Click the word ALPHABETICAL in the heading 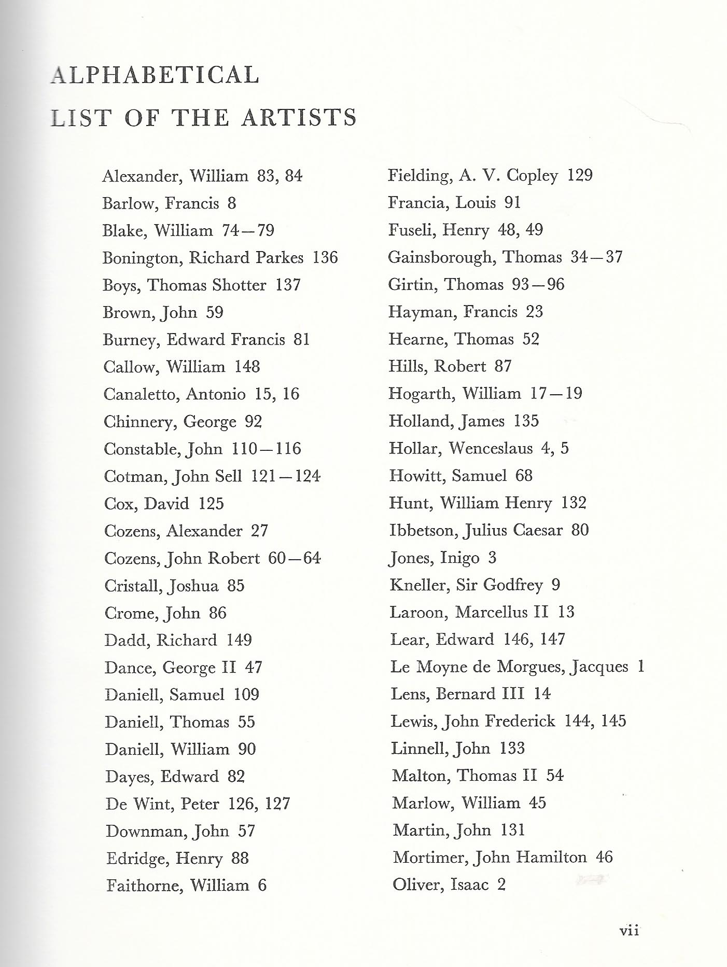coord(155,75)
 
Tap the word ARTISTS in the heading coord(299,117)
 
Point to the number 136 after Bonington coord(325,258)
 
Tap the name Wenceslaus coord(491,448)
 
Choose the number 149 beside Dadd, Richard coord(239,640)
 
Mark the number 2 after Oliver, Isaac coord(501,885)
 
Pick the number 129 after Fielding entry coord(579,175)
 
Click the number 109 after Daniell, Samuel coord(246,695)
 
